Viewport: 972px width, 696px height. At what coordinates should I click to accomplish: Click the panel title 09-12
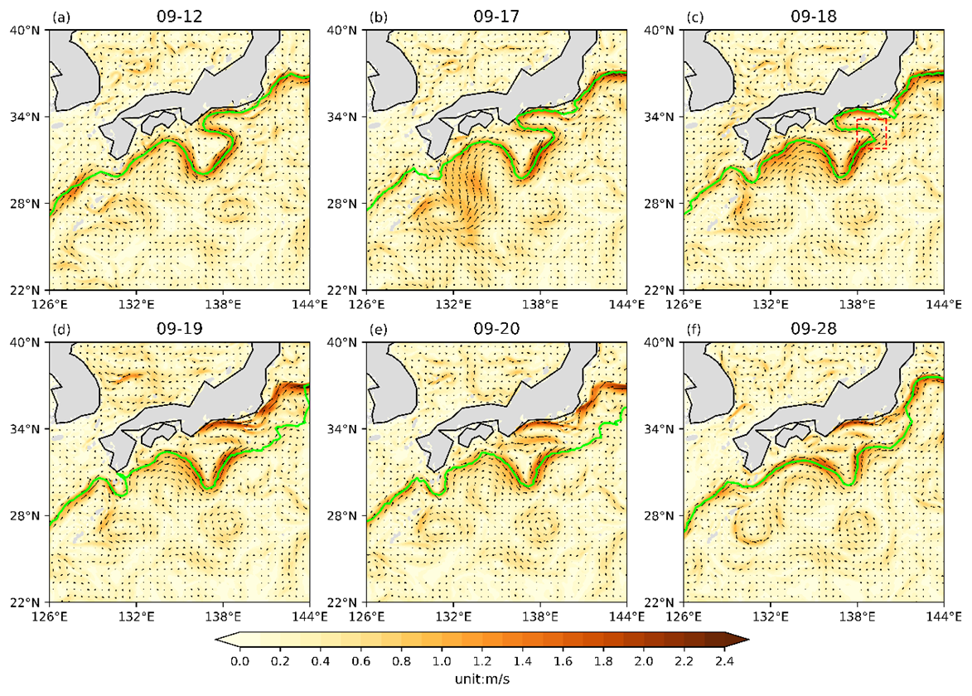click(179, 16)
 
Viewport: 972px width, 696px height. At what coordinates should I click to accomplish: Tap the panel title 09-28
click(814, 328)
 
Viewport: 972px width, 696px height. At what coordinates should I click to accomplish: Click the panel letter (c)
click(694, 17)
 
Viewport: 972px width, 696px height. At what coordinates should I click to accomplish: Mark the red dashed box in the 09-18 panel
click(871, 133)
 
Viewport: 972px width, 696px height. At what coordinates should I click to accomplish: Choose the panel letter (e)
click(377, 329)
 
